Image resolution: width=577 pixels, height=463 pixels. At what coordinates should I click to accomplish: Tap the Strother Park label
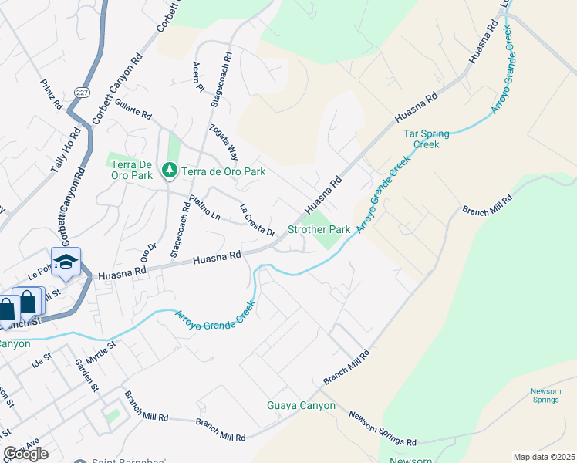pyautogui.click(x=319, y=229)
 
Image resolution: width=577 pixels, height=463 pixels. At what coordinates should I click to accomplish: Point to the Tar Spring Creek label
pyautogui.click(x=421, y=139)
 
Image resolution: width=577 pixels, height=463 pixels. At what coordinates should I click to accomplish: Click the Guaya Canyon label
pyautogui.click(x=301, y=405)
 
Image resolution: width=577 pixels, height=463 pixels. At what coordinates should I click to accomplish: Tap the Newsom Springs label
pyautogui.click(x=545, y=395)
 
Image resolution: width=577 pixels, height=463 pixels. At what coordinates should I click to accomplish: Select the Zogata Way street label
pyautogui.click(x=223, y=143)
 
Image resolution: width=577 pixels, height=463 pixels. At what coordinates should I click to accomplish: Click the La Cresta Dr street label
pyautogui.click(x=258, y=220)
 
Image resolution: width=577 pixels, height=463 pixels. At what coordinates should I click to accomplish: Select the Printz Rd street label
pyautogui.click(x=52, y=93)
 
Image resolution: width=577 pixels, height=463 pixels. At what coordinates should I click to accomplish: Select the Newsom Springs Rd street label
pyautogui.click(x=383, y=429)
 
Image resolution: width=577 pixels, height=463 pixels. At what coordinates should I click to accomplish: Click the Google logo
pyautogui.click(x=25, y=454)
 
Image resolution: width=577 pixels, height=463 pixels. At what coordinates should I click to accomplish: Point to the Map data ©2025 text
pyautogui.click(x=543, y=457)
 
